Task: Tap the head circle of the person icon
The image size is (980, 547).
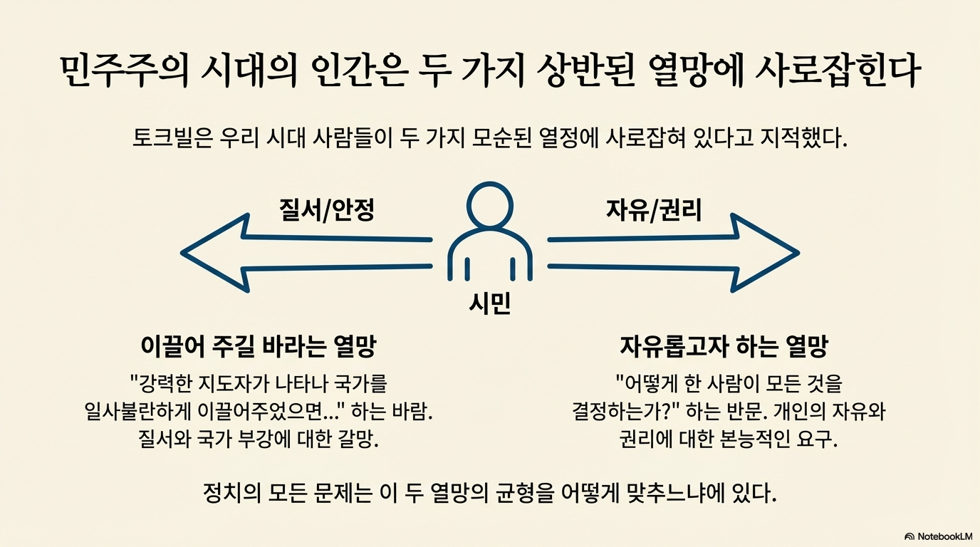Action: click(489, 207)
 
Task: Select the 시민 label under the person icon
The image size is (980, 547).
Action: click(489, 305)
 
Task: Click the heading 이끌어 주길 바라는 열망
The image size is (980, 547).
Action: click(259, 348)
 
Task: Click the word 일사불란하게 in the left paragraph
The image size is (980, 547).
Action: click(134, 412)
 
